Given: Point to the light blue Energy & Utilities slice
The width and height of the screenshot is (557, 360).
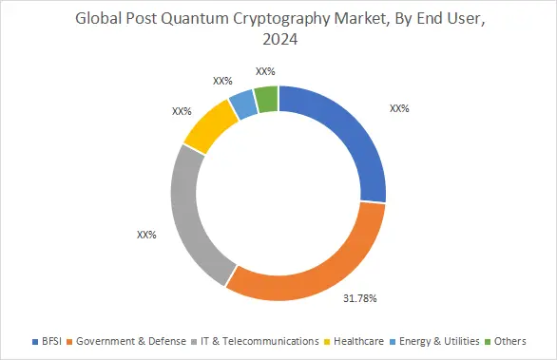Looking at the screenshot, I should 244,102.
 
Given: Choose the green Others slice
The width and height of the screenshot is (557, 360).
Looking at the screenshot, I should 267,97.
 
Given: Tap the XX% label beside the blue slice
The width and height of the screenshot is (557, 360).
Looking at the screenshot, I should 399,108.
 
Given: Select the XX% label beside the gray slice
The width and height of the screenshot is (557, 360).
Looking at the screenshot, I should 146,234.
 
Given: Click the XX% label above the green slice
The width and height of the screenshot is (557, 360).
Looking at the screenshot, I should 265,71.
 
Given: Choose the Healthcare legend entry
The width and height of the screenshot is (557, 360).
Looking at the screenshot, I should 358,339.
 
